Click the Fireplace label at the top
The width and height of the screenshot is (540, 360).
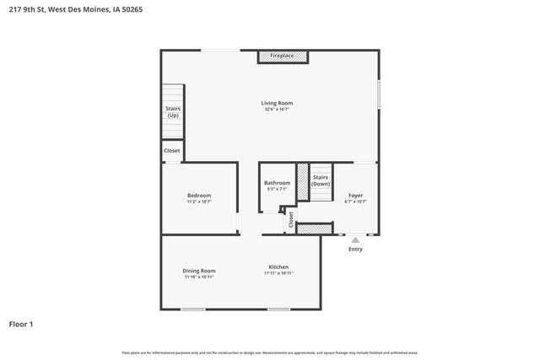pos(282,56)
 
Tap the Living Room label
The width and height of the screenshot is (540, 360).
pos(277,103)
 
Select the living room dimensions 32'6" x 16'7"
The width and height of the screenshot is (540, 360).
pos(277,110)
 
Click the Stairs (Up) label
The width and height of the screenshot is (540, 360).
pos(172,111)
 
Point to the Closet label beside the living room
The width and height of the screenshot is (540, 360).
pos(172,151)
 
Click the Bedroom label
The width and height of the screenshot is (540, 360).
pos(199,196)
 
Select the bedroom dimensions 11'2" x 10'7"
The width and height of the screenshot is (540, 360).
pos(199,202)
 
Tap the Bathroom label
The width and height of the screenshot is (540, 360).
pos(277,183)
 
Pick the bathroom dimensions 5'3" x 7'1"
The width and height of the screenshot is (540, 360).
pos(277,190)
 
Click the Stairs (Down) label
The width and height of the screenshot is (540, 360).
pos(321,180)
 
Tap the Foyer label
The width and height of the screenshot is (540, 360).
pos(354,196)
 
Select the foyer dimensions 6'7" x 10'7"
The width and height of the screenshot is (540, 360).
pos(354,202)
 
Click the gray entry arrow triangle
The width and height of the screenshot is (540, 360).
pos(355,240)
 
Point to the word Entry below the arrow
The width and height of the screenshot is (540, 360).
pos(355,250)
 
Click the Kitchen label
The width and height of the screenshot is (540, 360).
pos(278,266)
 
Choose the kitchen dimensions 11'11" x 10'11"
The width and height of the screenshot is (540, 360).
pos(278,273)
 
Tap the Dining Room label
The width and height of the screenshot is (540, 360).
pos(199,271)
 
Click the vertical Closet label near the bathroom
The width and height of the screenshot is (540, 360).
pos(291,219)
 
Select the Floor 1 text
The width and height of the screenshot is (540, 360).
pos(21,323)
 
